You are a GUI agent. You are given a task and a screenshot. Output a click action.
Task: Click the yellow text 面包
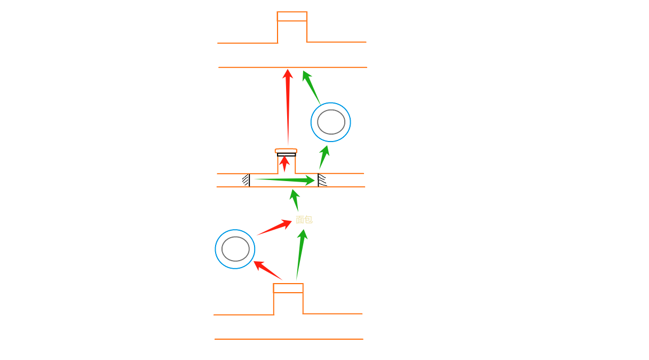304,220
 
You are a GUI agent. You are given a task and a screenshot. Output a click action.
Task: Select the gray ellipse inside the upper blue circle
331,122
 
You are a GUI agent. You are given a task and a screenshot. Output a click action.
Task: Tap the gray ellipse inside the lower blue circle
235,249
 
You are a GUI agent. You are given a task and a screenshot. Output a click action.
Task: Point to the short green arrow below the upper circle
324,156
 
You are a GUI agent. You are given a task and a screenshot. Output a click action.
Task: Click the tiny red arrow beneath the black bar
284,163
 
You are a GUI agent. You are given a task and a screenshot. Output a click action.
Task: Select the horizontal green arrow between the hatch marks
286,181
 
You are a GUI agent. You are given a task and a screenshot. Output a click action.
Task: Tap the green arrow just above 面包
294,200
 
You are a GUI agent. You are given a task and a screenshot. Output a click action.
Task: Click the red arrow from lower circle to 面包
274,228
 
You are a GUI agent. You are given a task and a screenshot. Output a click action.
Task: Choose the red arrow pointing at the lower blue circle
267,270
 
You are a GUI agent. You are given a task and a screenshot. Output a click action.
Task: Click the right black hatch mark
321,180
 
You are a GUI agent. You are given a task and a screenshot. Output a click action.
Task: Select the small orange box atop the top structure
292,16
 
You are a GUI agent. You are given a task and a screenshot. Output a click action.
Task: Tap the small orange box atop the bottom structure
288,288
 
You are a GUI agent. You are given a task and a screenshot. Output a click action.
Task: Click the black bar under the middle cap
286,155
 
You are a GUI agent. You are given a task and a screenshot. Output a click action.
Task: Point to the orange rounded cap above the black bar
286,151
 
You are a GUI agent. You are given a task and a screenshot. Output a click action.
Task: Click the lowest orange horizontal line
289,339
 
